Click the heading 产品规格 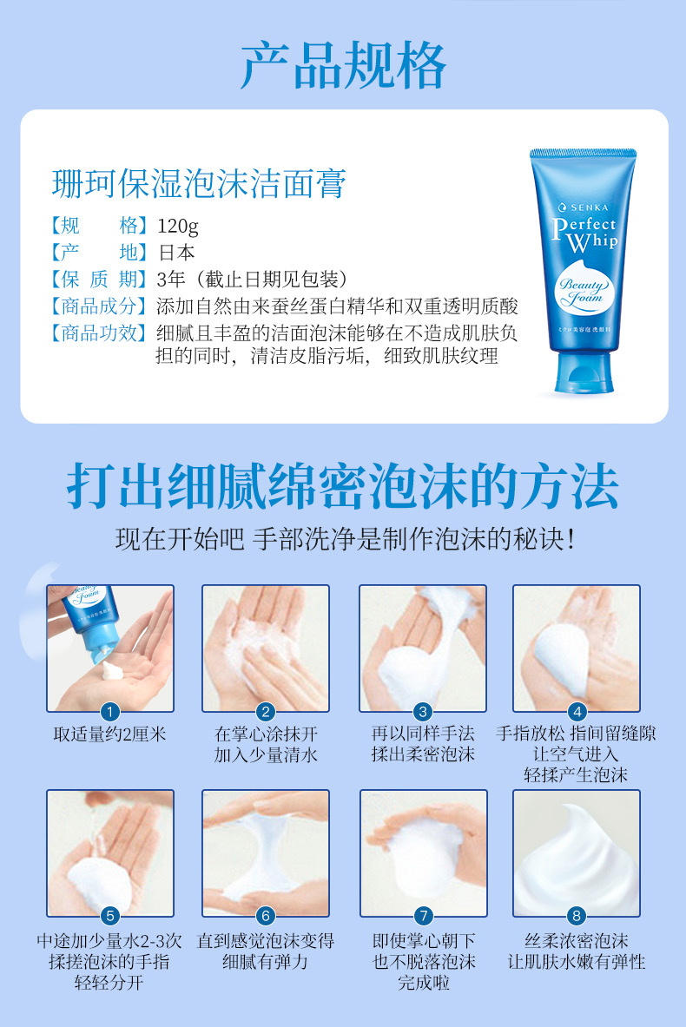(x=343, y=65)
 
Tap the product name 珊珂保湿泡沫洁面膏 (x=199, y=183)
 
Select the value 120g (x=177, y=226)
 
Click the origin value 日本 (x=176, y=253)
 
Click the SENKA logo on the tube (x=584, y=207)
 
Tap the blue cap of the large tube (x=584, y=373)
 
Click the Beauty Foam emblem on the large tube (x=582, y=289)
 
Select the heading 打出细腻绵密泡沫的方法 (x=343, y=486)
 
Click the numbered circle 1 (x=110, y=712)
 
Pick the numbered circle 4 (x=577, y=712)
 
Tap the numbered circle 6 (x=266, y=916)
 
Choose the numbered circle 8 (x=577, y=916)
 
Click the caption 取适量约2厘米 (x=110, y=734)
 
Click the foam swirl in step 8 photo (x=576, y=858)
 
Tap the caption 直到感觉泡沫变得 (x=266, y=941)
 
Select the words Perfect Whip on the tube (x=584, y=234)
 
